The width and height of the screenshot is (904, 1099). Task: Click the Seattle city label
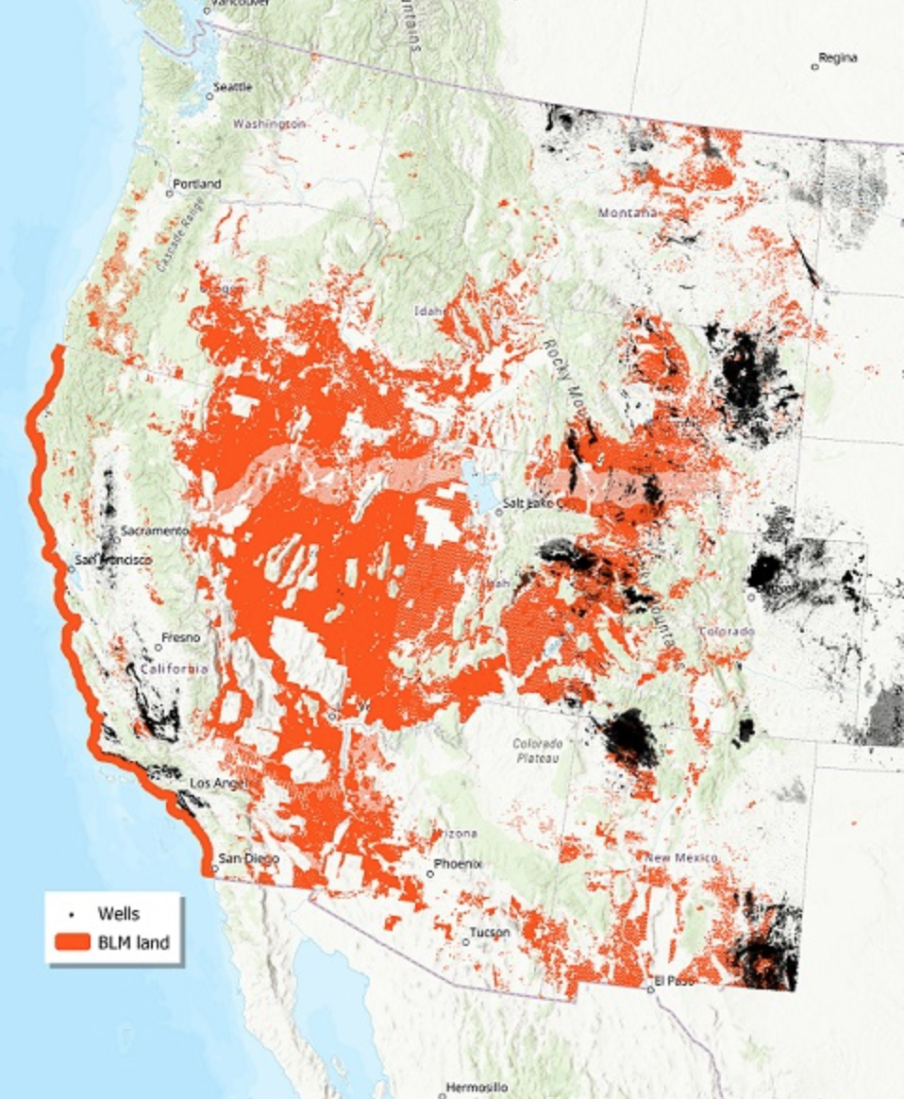click(x=233, y=87)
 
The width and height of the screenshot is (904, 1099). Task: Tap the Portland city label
click(x=197, y=184)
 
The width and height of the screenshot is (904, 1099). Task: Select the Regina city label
click(x=838, y=59)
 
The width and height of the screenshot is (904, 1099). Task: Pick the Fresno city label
click(x=180, y=638)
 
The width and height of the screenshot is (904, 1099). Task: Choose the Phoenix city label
click(x=458, y=864)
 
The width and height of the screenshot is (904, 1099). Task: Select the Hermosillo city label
click(x=477, y=1087)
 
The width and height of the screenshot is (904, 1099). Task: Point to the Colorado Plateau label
click(x=538, y=751)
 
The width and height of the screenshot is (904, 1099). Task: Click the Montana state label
click(x=628, y=213)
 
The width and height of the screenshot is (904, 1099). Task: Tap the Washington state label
click(x=270, y=124)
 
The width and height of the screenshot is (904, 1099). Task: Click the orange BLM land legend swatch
click(x=73, y=941)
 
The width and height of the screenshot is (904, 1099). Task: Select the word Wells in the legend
click(x=119, y=914)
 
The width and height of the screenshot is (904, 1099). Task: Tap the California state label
click(x=174, y=668)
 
